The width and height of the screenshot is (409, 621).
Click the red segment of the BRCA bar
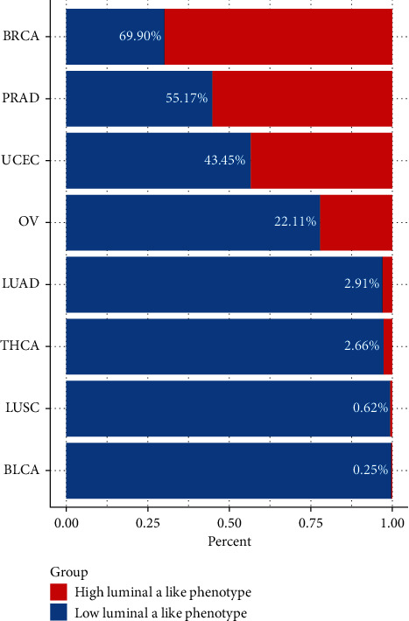point(278,37)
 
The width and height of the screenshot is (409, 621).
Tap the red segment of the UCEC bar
point(321,161)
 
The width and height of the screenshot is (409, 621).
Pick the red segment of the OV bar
point(356,222)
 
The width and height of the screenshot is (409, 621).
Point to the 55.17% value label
point(187,99)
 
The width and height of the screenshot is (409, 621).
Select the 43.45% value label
point(225,161)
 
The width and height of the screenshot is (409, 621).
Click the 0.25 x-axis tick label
point(147,523)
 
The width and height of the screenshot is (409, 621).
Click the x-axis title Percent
point(229,541)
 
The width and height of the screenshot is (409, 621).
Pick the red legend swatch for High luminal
point(59,592)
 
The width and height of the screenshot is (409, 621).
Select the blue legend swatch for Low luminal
point(59,612)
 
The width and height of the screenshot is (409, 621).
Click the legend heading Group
point(67,572)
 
